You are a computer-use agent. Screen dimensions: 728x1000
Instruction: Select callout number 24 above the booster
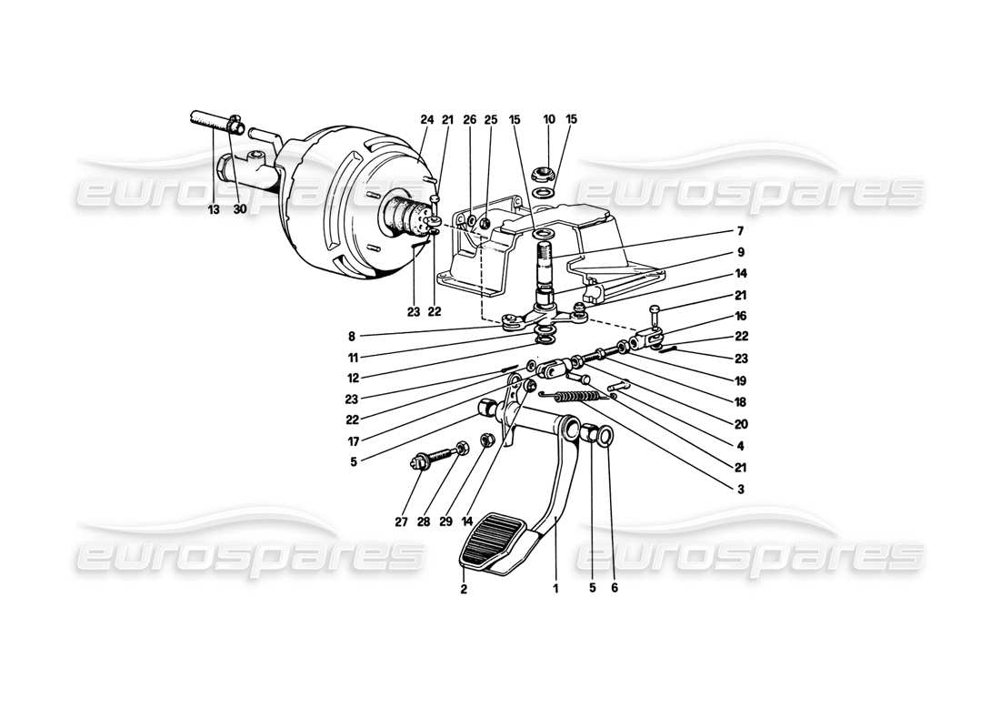(427, 119)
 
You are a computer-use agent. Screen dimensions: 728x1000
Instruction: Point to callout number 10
(549, 119)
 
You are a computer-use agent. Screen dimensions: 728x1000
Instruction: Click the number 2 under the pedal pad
(464, 589)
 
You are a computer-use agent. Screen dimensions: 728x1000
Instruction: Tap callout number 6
(615, 589)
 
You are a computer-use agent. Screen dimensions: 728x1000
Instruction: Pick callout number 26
(469, 119)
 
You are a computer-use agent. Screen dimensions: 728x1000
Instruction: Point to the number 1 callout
(555, 589)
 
